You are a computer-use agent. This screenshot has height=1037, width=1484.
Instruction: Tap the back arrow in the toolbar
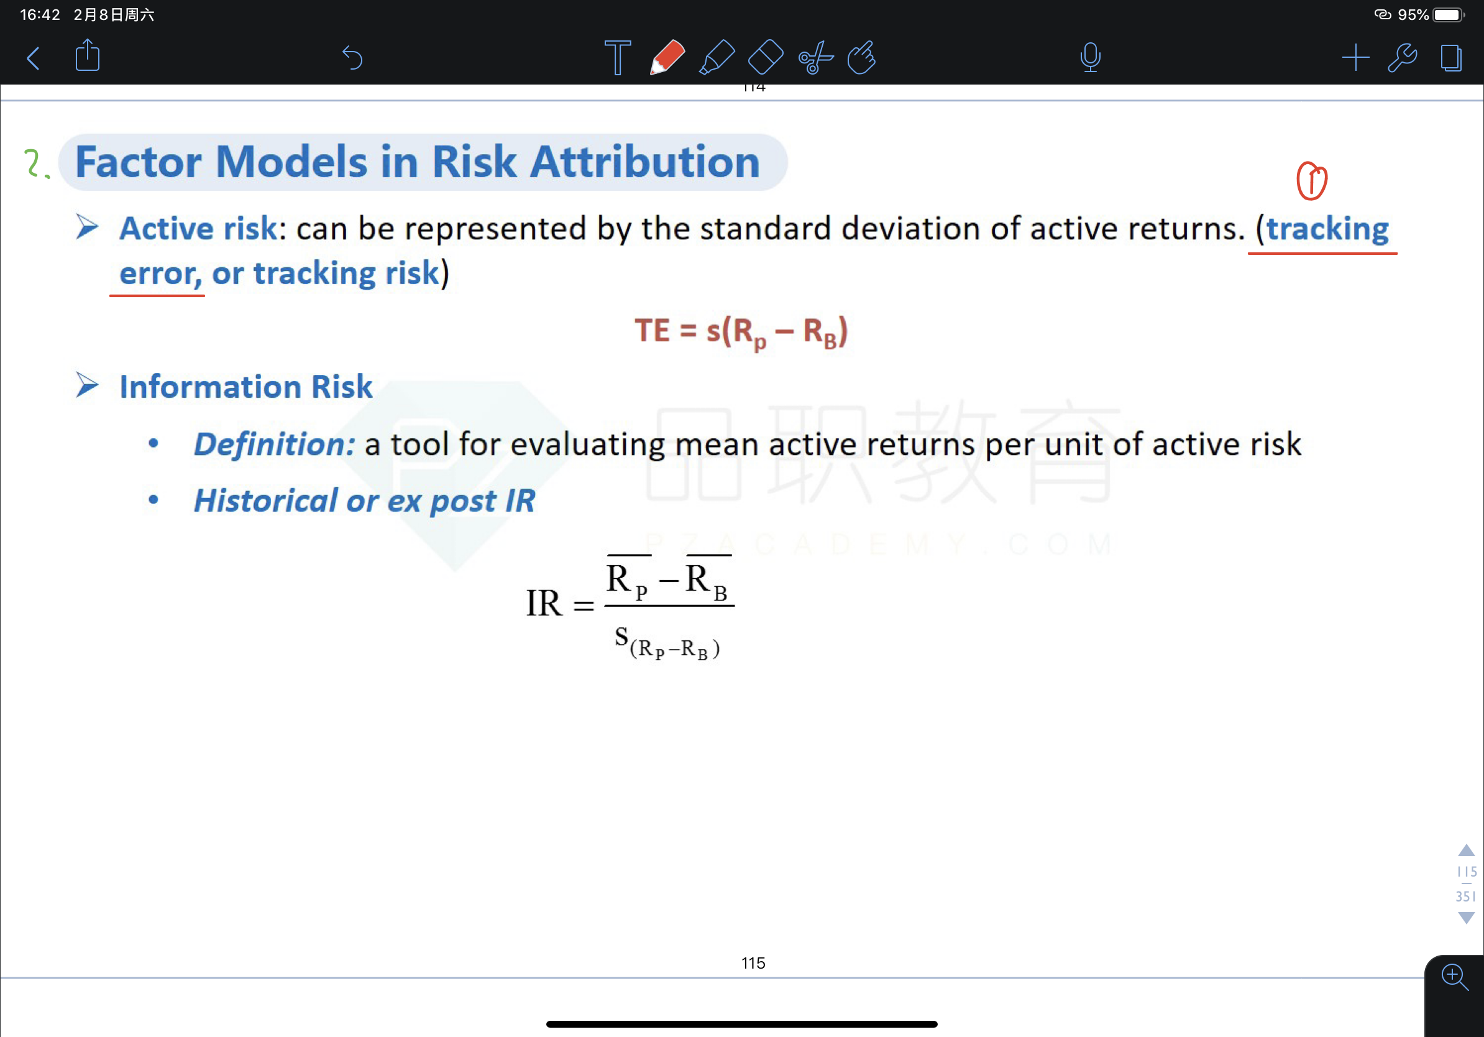point(34,58)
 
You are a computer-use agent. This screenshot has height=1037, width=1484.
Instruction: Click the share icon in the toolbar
point(87,55)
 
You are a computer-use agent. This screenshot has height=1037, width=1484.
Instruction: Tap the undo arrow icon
point(352,58)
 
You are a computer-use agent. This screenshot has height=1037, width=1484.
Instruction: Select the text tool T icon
point(617,58)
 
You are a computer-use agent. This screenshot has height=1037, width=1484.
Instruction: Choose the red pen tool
point(667,58)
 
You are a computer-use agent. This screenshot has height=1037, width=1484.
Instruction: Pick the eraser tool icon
point(765,58)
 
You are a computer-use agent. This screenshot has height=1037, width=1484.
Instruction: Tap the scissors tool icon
point(816,58)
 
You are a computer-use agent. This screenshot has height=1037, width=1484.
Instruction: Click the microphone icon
point(1091,57)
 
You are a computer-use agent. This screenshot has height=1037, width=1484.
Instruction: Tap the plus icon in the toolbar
point(1355,58)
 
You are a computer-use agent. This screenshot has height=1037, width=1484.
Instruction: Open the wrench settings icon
point(1403,58)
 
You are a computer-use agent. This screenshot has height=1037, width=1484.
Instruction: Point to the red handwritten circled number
point(1311,180)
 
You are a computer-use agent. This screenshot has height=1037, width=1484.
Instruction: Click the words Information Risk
point(245,387)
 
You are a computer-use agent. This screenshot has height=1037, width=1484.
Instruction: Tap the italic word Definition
point(275,444)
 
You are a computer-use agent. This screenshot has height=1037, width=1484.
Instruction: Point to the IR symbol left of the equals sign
point(544,603)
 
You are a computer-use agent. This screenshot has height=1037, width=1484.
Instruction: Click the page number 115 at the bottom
point(753,963)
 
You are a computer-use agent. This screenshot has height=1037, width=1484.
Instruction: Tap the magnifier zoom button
point(1454,976)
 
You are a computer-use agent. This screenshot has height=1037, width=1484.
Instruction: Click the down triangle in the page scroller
point(1467,918)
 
